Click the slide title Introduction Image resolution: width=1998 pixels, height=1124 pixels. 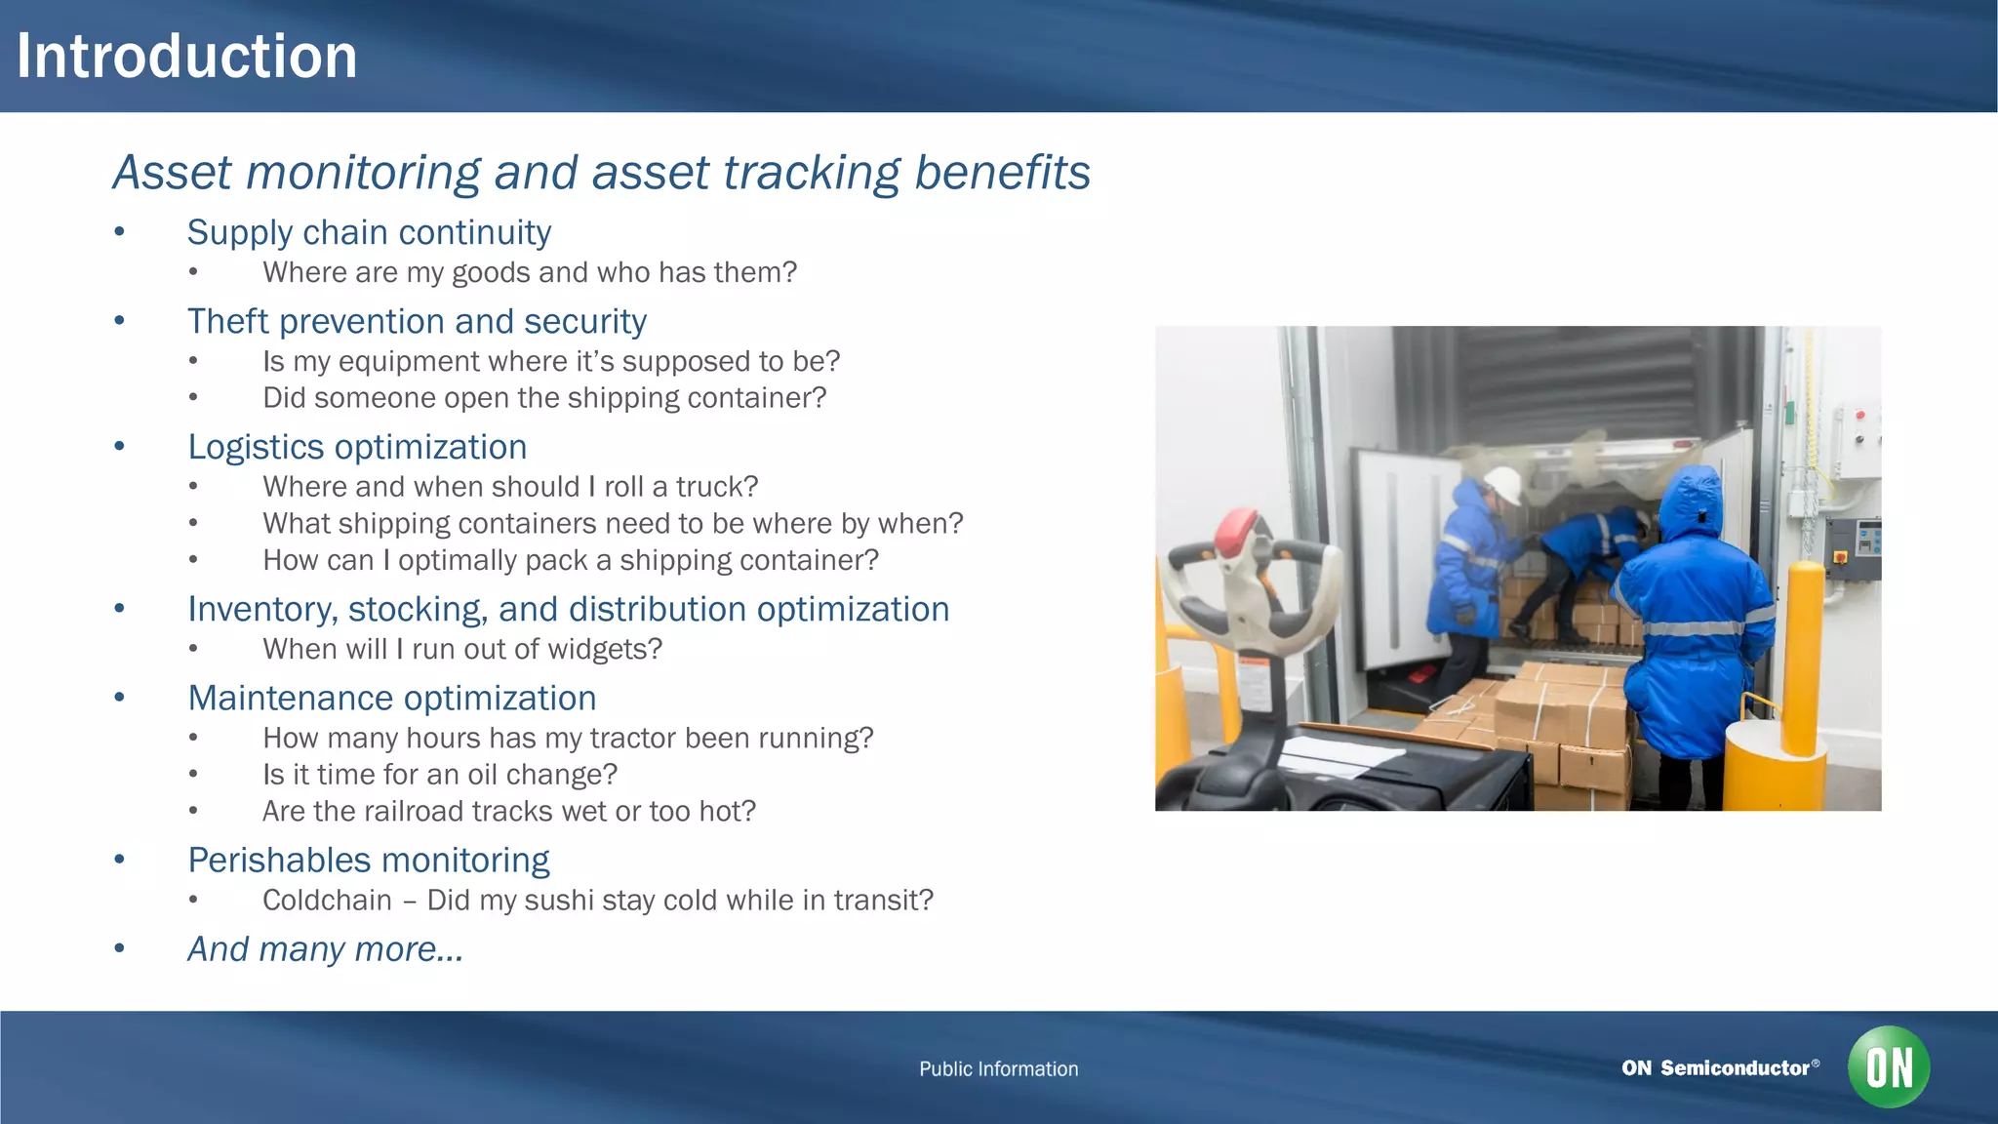pos(186,56)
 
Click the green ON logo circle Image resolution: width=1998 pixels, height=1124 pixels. pos(1889,1067)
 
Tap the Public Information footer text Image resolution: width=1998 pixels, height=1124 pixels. pos(998,1069)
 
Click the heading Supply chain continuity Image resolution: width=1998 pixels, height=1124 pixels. pos(369,232)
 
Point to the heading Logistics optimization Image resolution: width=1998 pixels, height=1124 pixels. pos(357,447)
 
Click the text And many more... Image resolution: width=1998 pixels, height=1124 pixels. pos(325,949)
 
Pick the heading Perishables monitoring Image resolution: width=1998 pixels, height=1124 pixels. pos(369,861)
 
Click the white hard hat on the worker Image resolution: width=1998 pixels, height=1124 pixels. pos(1502,483)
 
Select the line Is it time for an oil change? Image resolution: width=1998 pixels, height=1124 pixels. pos(440,775)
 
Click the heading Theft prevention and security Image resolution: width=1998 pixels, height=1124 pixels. pos(417,321)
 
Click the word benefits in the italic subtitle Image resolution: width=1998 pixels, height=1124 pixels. pos(1002,173)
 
